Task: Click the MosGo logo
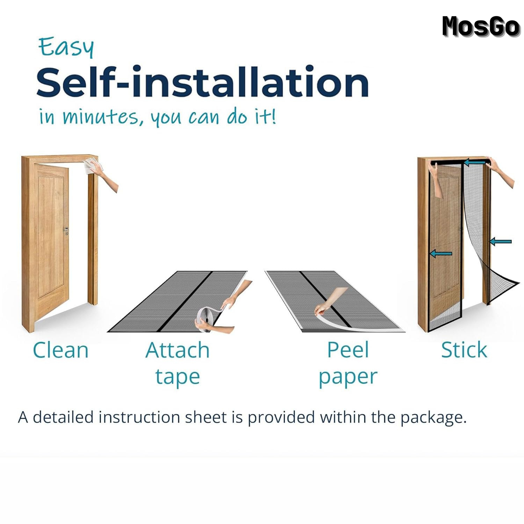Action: pos(481,27)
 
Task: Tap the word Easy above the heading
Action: pos(66,47)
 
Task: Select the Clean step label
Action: pos(60,350)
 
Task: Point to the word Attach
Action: pos(177,350)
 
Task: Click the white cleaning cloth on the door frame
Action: pos(90,165)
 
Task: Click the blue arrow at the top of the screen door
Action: pos(475,162)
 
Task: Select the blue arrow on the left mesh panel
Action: pos(441,254)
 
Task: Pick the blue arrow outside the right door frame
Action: pos(501,241)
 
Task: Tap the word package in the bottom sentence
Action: pos(433,418)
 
